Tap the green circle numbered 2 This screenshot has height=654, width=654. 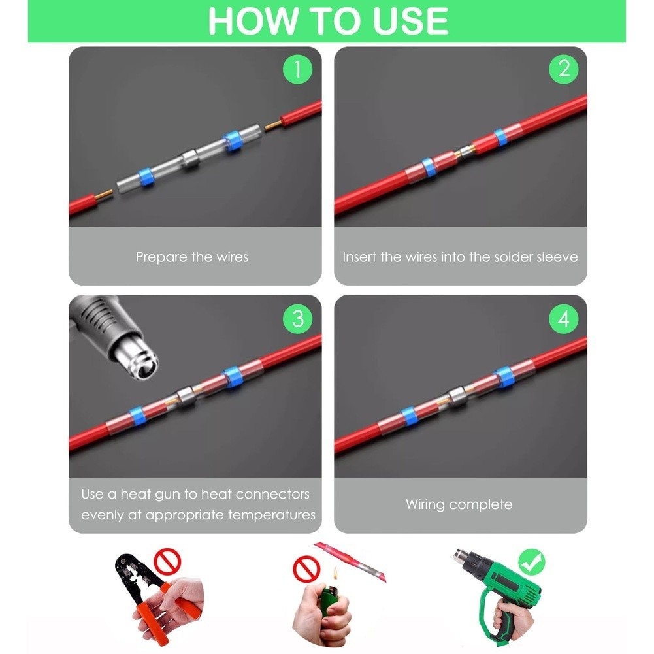(x=563, y=69)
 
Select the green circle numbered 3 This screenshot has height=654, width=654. (x=297, y=319)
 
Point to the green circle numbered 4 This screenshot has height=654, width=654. (x=563, y=319)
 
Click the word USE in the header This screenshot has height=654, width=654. (x=410, y=21)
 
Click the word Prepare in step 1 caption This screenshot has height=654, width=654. (x=161, y=257)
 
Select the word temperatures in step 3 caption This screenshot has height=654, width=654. (x=272, y=515)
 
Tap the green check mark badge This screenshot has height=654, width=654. (x=531, y=562)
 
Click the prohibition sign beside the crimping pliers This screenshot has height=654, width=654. (x=167, y=562)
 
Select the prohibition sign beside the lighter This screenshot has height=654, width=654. (x=306, y=568)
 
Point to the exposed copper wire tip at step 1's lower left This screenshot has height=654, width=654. (x=106, y=194)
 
